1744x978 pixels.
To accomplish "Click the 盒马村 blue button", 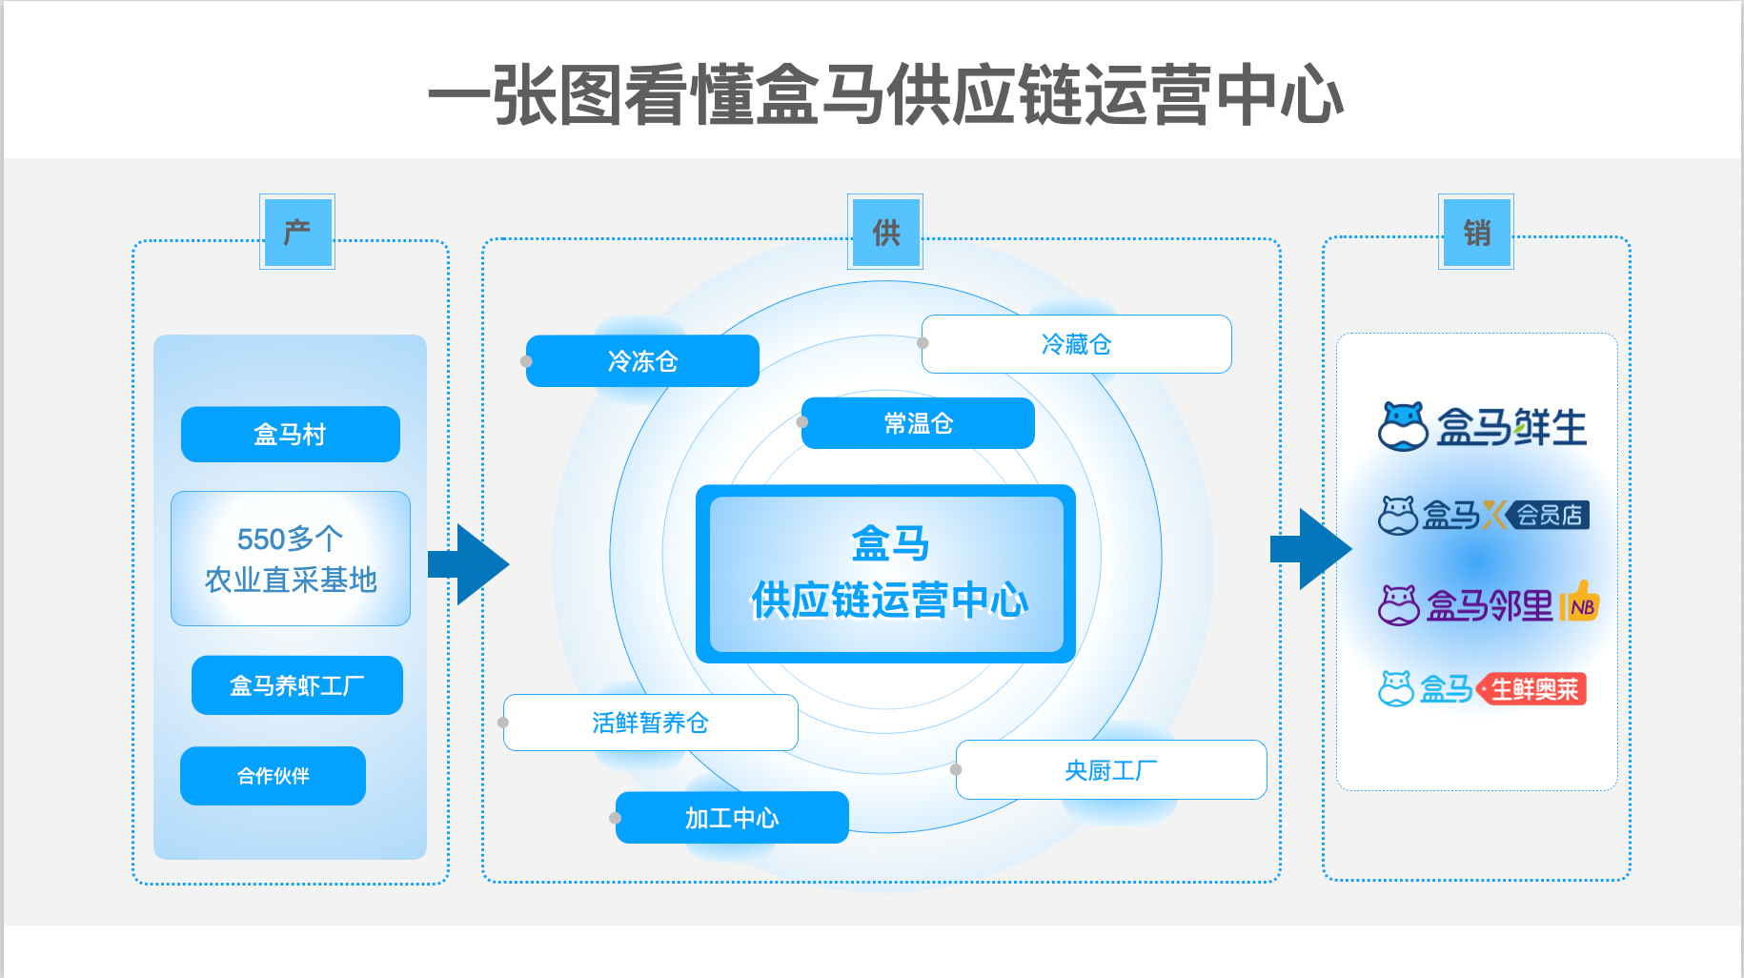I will coord(290,435).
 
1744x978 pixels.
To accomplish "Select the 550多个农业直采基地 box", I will coord(290,559).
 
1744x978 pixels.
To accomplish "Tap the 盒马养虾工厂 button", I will coord(296,685).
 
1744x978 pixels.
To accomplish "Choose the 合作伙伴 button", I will coord(273,776).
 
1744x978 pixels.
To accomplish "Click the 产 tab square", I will coord(297,232).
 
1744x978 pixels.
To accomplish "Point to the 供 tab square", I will coord(885,232).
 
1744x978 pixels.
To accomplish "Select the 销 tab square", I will coord(1476,232).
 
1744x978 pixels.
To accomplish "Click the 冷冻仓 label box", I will coord(642,361).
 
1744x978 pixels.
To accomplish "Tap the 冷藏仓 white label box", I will coord(1076,344).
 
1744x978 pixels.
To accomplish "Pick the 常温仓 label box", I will coord(918,423).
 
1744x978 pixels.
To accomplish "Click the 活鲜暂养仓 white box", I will coord(650,723).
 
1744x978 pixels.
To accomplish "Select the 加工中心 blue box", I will coord(732,818).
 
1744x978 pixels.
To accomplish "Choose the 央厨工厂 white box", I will coord(1111,770).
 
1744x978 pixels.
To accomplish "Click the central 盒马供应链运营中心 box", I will coord(886,574).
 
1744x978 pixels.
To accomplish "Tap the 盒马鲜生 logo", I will coord(1483,426).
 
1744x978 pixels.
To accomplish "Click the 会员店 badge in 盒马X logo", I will coord(1549,516).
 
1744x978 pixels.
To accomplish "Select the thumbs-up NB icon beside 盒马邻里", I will coord(1581,602).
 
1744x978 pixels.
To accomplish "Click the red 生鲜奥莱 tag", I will coord(1532,689).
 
